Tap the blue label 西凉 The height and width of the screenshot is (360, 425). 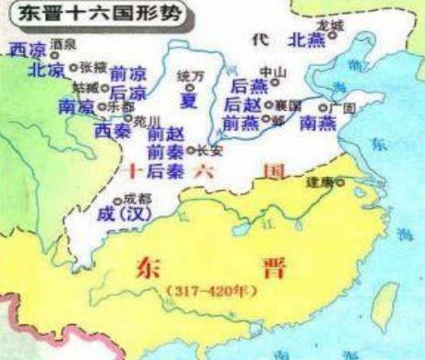click(x=25, y=49)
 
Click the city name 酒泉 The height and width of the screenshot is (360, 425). click(x=64, y=44)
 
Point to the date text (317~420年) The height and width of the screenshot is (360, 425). click(x=208, y=291)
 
